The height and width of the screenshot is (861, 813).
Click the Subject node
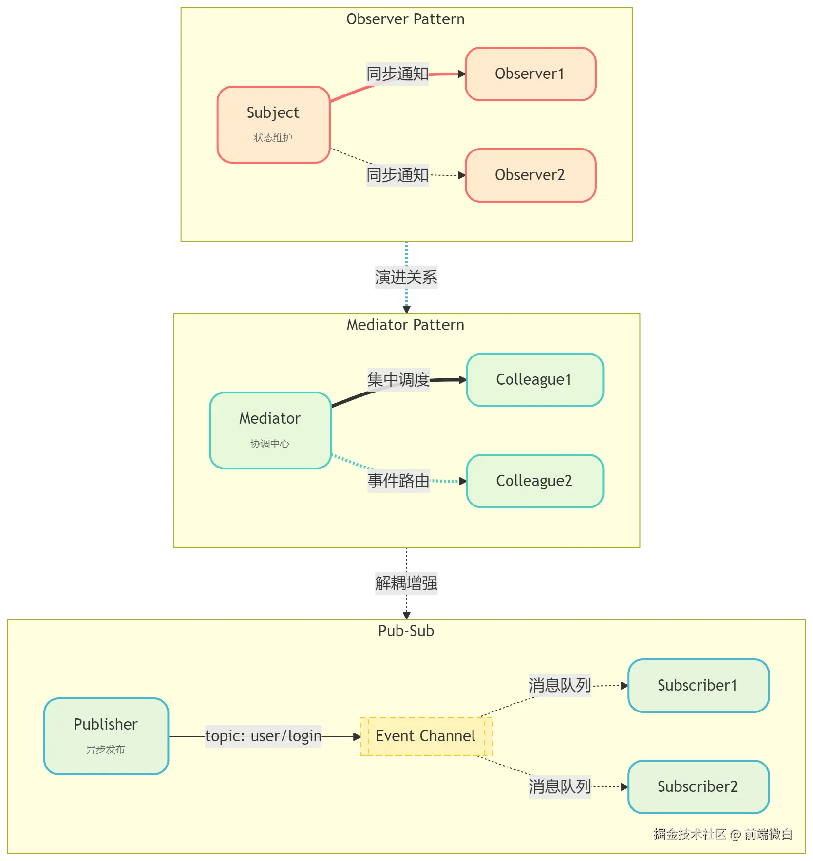point(273,125)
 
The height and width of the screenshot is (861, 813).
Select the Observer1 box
point(530,74)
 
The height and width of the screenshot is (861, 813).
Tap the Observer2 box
point(530,175)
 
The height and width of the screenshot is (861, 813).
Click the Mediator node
point(270,430)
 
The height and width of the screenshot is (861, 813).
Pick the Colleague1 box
point(534,380)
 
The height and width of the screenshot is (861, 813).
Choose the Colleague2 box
point(534,481)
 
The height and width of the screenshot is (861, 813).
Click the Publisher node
point(106,736)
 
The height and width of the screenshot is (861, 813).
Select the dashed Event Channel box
point(426,736)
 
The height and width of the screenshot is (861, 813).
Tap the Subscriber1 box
point(698,686)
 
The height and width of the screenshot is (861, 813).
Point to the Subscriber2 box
point(698,786)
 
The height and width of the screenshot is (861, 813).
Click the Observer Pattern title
point(405,19)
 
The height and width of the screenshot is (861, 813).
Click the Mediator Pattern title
point(405,325)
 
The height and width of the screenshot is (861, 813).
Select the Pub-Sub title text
point(406,631)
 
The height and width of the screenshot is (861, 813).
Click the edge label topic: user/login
point(263,736)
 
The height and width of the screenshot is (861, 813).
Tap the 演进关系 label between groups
point(407,278)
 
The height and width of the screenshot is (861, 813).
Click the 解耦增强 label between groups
point(407,582)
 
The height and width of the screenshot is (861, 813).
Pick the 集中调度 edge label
point(398,380)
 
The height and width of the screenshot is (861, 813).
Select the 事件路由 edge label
point(398,481)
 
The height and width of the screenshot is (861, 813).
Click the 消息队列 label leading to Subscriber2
point(560,786)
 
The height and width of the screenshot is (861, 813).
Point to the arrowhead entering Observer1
point(462,74)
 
